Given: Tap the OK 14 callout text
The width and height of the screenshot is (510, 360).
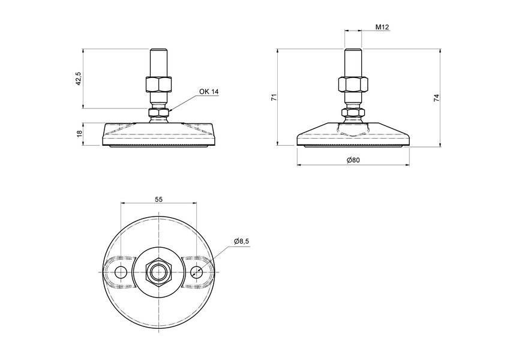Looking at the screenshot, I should [x=209, y=92].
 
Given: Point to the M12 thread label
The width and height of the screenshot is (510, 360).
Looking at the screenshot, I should [x=382, y=27].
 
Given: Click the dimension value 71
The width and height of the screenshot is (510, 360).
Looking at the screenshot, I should [x=274, y=97].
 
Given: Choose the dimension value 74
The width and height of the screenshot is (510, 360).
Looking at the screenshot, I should [x=437, y=97].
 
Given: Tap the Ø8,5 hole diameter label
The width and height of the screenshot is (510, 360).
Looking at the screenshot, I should [x=242, y=241].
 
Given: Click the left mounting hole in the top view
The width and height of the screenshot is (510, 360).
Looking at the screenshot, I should [x=121, y=273].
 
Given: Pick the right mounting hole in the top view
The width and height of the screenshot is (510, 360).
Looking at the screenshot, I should [x=197, y=273].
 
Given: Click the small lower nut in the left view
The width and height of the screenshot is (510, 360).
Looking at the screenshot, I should [x=159, y=112].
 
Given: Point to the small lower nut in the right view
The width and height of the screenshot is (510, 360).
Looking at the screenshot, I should [x=353, y=112].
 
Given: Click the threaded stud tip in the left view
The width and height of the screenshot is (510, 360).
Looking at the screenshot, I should [x=159, y=54].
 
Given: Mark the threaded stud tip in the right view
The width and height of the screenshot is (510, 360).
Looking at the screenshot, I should [x=353, y=54].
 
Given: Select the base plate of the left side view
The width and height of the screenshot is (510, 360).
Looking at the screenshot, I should [x=159, y=136].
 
